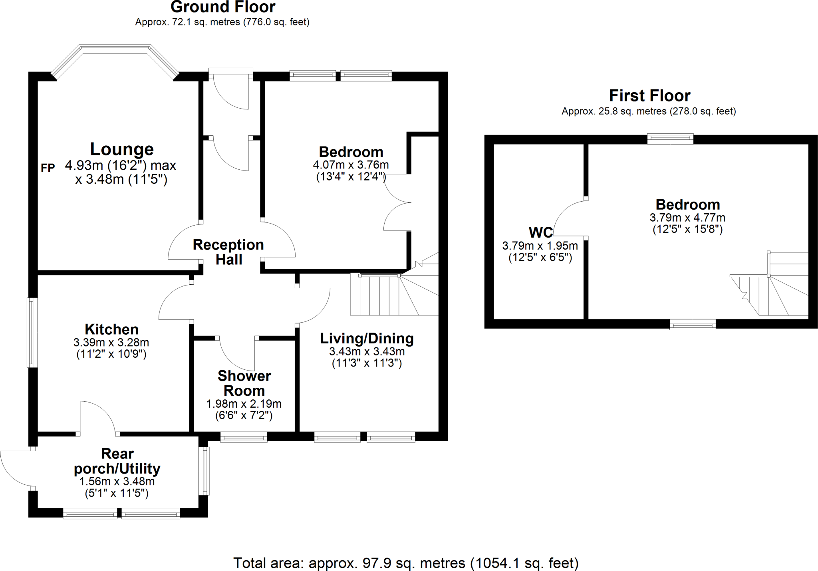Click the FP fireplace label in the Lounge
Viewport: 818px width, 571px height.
point(48,168)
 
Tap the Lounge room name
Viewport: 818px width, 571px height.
point(122,149)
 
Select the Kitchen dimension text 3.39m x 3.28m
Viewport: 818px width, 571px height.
point(111,342)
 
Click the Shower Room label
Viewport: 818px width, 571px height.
point(244,383)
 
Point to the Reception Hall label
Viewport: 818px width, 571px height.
point(228,252)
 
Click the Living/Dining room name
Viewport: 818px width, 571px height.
point(367,339)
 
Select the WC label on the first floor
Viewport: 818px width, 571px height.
point(540,232)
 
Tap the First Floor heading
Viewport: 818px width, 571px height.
point(649,96)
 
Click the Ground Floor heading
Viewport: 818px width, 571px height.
point(223,7)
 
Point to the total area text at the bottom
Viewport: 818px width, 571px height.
point(406,563)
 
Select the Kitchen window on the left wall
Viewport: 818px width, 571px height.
point(32,332)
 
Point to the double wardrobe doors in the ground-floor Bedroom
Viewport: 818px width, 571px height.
point(397,202)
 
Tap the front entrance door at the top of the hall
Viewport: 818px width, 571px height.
point(231,91)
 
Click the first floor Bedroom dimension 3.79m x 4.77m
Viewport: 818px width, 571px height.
point(687,218)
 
